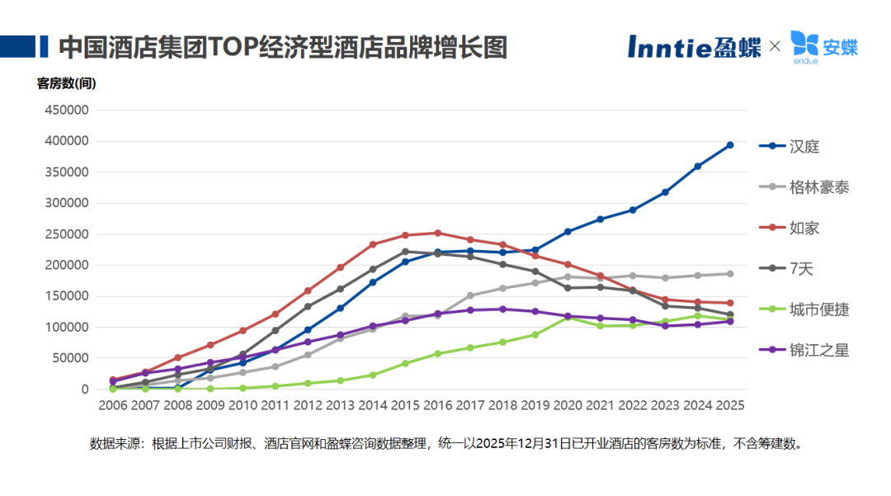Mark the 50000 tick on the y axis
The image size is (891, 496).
tap(72, 358)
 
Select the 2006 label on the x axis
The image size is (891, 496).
tap(113, 405)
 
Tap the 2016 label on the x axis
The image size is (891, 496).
tap(437, 405)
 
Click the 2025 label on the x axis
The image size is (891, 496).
tap(729, 405)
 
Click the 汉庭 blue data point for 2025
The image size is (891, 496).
tap(729, 145)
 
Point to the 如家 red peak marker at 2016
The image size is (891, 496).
tap(437, 233)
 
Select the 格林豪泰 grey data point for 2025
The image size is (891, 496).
tap(729, 273)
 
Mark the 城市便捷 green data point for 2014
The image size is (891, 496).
tap(373, 375)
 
